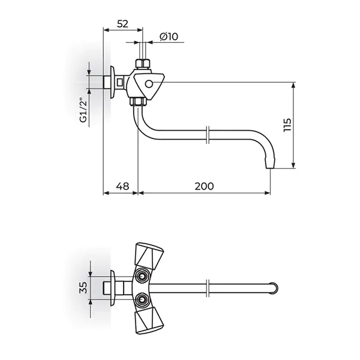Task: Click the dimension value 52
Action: (x=122, y=24)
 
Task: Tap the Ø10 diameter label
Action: (x=169, y=37)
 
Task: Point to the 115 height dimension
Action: (x=287, y=125)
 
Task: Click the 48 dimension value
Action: (x=123, y=186)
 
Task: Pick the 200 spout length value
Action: (x=204, y=186)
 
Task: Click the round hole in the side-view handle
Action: (x=149, y=84)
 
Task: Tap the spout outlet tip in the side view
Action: (x=270, y=165)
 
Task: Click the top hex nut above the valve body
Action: (x=142, y=64)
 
